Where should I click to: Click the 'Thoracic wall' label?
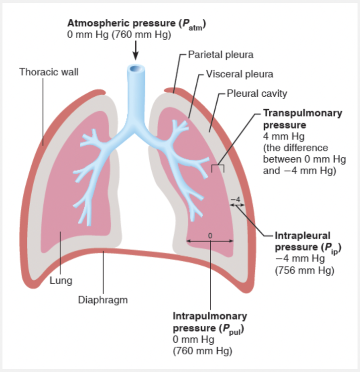[49, 72]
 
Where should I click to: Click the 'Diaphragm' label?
[103, 300]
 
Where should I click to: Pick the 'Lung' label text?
[60, 281]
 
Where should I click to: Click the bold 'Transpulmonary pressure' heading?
[302, 119]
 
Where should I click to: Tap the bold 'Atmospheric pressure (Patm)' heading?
[137, 23]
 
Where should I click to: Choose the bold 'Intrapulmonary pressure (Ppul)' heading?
[210, 322]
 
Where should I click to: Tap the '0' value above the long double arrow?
[210, 235]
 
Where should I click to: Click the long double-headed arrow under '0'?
[210, 242]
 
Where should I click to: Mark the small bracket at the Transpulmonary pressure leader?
[217, 168]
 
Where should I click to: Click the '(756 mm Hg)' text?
[304, 270]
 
